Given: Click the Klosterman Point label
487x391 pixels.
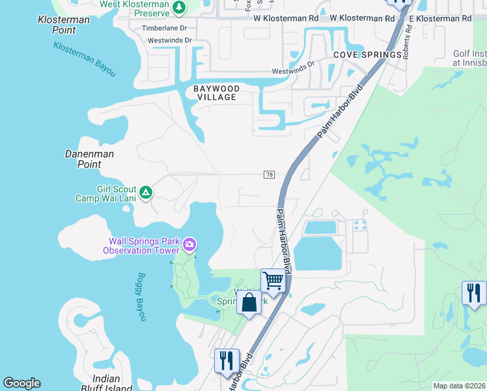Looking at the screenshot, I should pyautogui.click(x=64, y=25).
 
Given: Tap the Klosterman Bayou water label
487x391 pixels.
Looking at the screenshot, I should pyautogui.click(x=85, y=59).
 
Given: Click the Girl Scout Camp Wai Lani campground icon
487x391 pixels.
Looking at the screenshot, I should pyautogui.click(x=146, y=193).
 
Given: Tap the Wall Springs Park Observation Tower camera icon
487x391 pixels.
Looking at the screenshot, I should pyautogui.click(x=189, y=245).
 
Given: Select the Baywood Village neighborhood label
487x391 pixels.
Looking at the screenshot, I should pyautogui.click(x=217, y=93).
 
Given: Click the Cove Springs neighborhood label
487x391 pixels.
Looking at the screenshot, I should pyautogui.click(x=367, y=55).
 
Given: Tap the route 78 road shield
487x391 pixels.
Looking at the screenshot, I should pyautogui.click(x=269, y=175).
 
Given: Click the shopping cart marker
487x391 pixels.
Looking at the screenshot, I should pyautogui.click(x=273, y=281).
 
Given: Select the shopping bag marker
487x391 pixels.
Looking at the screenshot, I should pyautogui.click(x=249, y=302).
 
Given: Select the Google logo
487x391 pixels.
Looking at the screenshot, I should pyautogui.click(x=21, y=383).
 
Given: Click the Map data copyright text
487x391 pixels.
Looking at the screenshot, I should pyautogui.click(x=459, y=386).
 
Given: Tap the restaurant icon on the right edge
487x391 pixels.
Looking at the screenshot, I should pyautogui.click(x=473, y=293).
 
